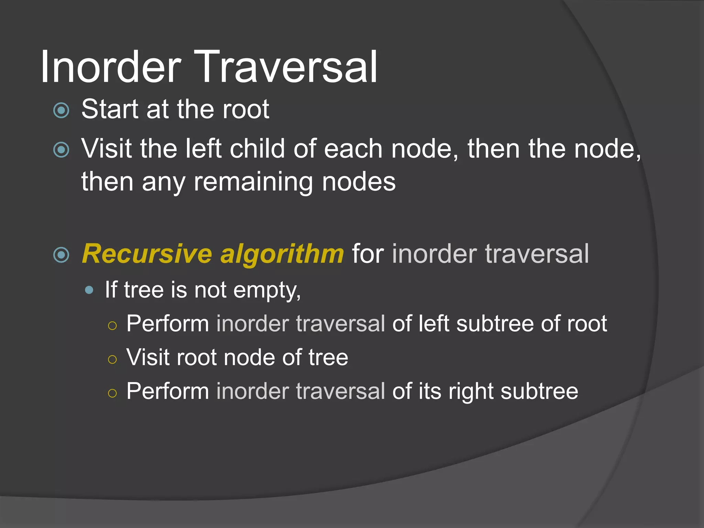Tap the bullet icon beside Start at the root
point(62,110)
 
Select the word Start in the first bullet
point(110,109)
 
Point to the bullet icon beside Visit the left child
point(62,150)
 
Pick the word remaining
point(253,182)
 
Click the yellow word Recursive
point(147,254)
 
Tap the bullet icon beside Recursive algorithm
point(62,255)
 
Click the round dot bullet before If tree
point(89,290)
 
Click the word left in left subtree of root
point(434,324)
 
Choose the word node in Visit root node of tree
point(249,357)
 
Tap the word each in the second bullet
point(353,149)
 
